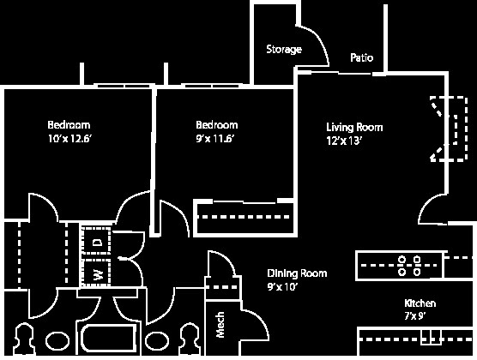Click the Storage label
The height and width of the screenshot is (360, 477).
click(283, 50)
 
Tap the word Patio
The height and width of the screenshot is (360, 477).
click(361, 58)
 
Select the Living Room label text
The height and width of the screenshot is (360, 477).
click(353, 128)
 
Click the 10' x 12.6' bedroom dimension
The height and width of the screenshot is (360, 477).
click(69, 139)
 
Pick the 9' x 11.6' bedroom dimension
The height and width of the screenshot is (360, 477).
click(216, 139)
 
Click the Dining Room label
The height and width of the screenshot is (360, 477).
click(297, 274)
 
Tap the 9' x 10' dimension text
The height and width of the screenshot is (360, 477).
click(282, 288)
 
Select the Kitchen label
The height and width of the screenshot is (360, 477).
click(420, 304)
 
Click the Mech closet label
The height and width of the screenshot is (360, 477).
click(220, 324)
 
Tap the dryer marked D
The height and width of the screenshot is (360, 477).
click(97, 242)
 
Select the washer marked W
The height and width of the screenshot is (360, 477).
click(97, 274)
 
